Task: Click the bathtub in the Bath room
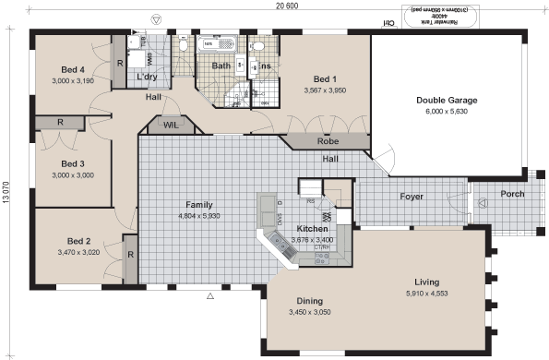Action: click(221, 43)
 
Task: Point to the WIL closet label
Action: click(171, 126)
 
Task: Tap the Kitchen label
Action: click(312, 228)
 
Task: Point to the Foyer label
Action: click(412, 197)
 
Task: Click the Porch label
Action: click(512, 194)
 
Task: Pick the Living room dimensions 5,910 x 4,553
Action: click(425, 294)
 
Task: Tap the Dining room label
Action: click(309, 301)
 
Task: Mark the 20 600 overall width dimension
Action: click(286, 6)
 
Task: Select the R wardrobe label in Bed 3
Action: click(59, 121)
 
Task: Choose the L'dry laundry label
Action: click(147, 78)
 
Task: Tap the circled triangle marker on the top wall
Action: click(155, 18)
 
